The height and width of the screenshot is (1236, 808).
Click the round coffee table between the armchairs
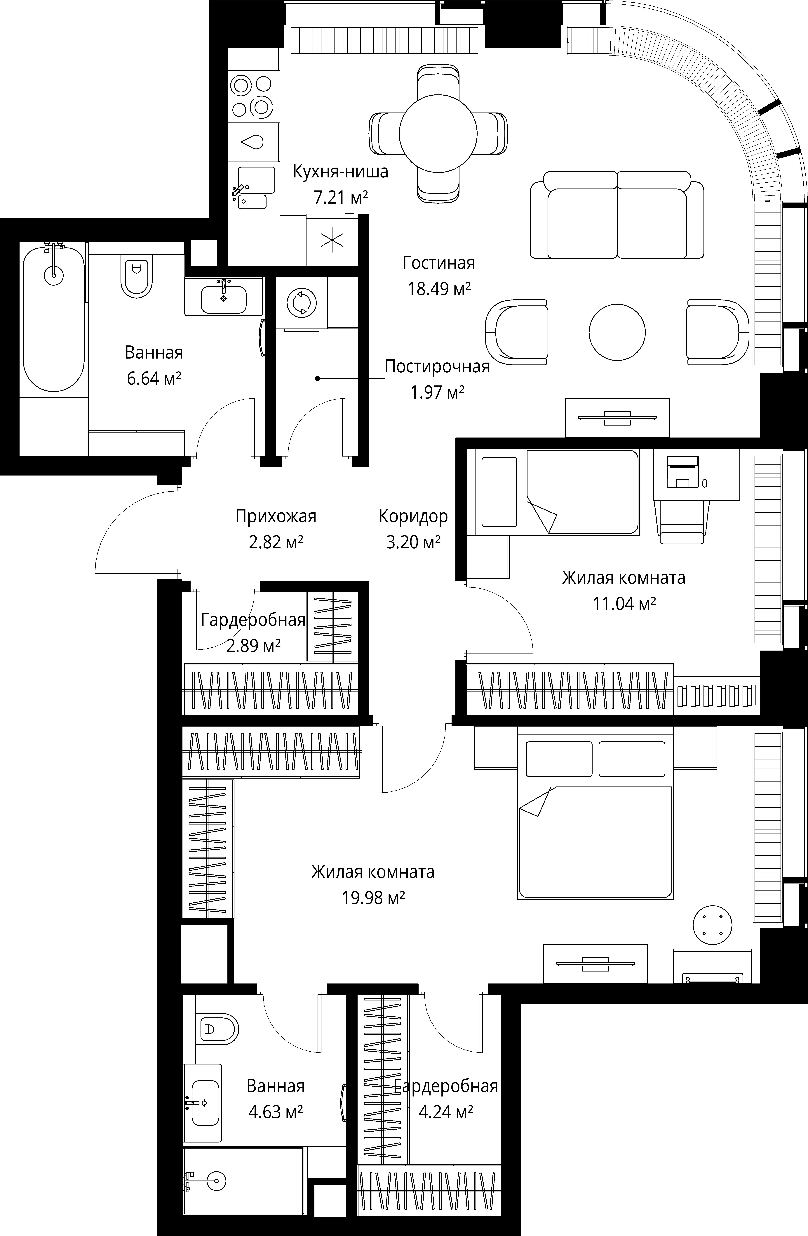click(617, 331)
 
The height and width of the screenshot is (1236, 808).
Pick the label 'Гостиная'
click(438, 263)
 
